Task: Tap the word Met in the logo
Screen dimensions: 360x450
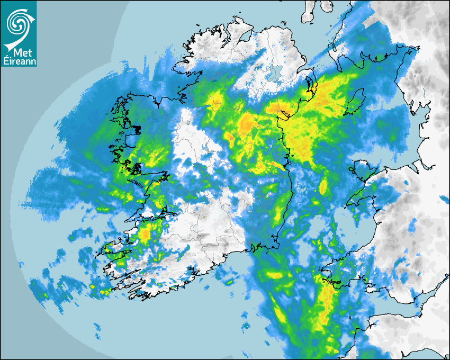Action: click(20, 53)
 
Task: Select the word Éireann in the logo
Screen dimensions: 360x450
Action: click(18, 61)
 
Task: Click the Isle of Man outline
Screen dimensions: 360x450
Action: click(355, 102)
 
